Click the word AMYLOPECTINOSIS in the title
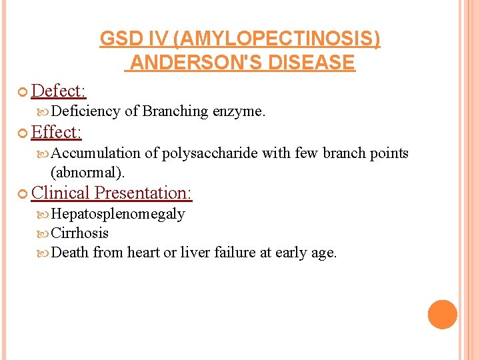click(x=276, y=40)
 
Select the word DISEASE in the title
click(x=313, y=63)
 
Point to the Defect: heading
click(x=59, y=91)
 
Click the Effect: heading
click(x=56, y=132)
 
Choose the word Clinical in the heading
click(x=60, y=193)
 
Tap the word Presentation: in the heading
click(x=143, y=193)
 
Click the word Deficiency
click(x=85, y=111)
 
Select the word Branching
click(x=175, y=111)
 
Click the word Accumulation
click(x=95, y=153)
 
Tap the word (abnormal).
click(x=88, y=172)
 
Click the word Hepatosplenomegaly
click(x=118, y=214)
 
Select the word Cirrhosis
click(x=80, y=233)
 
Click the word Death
click(x=70, y=253)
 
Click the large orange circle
click(x=442, y=315)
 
